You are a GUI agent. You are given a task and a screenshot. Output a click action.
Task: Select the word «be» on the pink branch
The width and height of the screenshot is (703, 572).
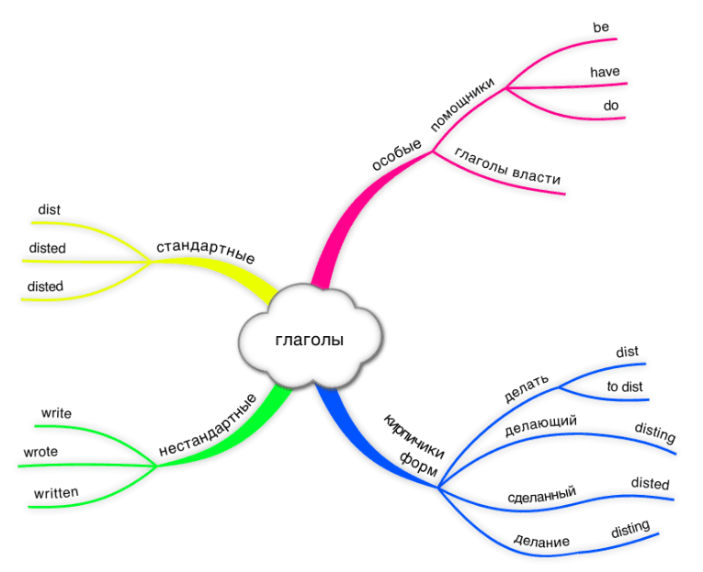[x=601, y=28]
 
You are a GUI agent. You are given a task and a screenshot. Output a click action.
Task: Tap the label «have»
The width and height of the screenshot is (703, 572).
[x=605, y=72]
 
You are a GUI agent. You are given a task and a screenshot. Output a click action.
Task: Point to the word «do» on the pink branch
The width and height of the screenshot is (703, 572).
[x=610, y=106]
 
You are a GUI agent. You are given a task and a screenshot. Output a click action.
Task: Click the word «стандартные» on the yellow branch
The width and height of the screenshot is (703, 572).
[x=205, y=251]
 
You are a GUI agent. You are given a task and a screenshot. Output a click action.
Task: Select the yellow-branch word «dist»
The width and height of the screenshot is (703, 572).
[x=49, y=210]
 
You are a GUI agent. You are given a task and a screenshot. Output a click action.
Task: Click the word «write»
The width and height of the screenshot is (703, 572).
[x=55, y=413]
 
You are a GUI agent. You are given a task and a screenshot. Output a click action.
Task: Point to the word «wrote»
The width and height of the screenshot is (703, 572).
[x=40, y=452]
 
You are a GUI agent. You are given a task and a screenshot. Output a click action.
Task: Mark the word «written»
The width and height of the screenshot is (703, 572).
[x=56, y=493]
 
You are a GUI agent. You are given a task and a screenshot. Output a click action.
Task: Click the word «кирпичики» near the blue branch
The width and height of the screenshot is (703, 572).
[x=414, y=432]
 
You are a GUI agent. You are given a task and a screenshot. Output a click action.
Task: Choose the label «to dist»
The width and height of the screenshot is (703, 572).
[x=624, y=387]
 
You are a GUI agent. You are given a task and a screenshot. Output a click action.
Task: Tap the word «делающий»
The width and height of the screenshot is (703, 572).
[x=540, y=425]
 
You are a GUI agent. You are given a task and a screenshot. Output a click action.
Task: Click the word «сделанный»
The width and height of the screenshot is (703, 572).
[x=541, y=496]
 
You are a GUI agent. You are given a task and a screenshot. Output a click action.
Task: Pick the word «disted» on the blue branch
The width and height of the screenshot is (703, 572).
[x=650, y=484]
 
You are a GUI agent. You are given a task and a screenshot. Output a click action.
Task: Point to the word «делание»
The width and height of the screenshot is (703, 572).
[x=541, y=541]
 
